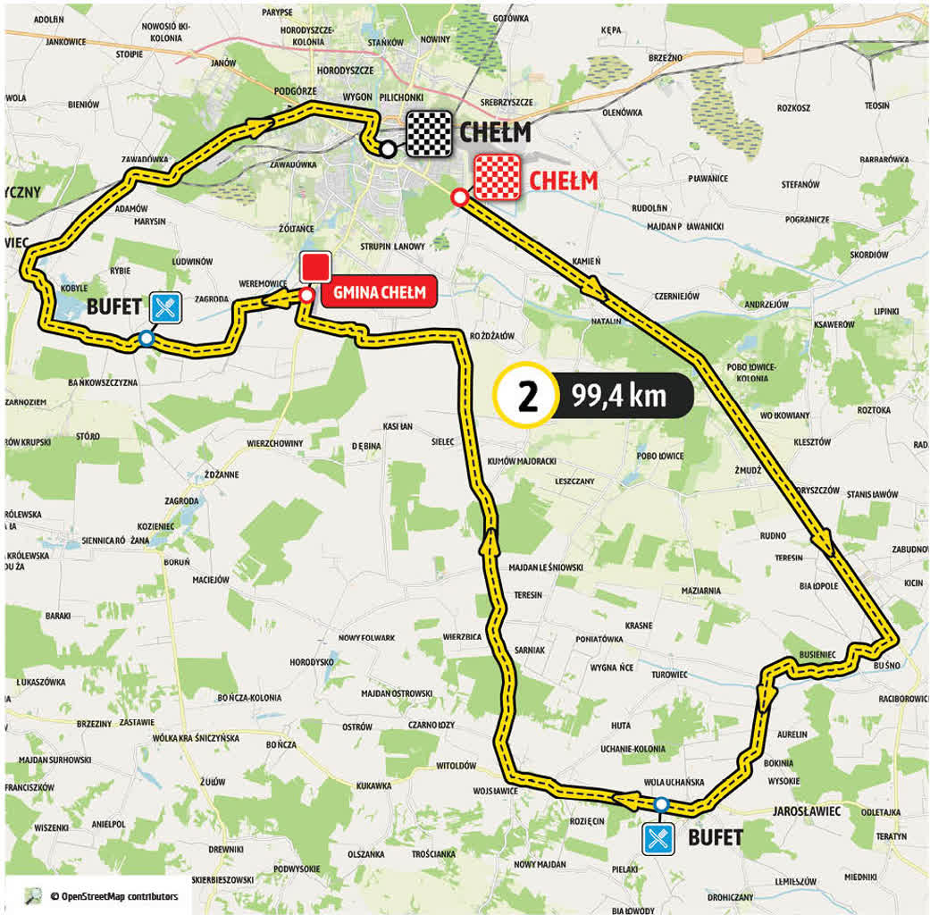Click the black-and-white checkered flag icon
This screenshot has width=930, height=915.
(x=430, y=134)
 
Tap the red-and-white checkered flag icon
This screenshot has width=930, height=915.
(x=497, y=177)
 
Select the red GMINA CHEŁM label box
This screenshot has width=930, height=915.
(x=380, y=292)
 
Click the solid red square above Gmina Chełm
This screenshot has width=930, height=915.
(x=315, y=268)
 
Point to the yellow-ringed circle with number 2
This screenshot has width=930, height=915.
(x=528, y=395)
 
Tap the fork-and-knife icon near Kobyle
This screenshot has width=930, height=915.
(x=165, y=307)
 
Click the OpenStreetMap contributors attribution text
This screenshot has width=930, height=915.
(x=113, y=895)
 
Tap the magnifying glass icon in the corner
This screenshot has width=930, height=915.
(x=33, y=895)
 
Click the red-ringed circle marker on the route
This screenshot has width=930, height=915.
(x=458, y=197)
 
